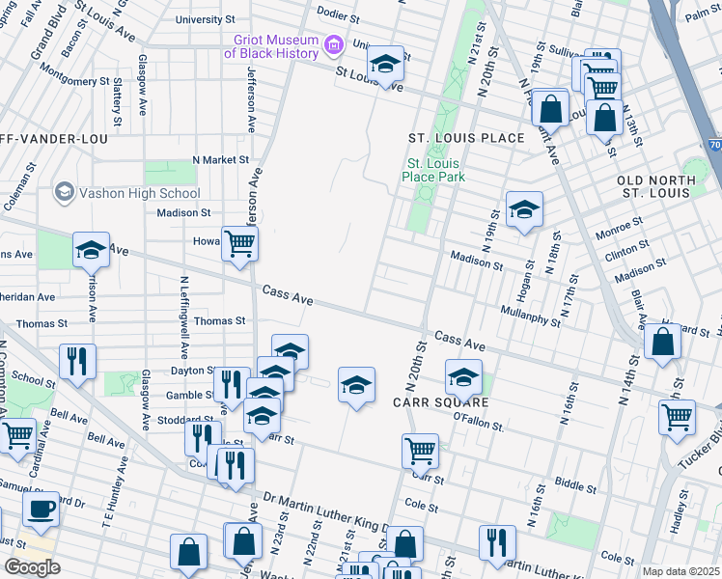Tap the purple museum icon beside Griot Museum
[x=334, y=44]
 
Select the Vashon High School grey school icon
[x=65, y=191]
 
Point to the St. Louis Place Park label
[x=435, y=170]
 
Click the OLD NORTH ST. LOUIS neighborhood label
[x=656, y=187]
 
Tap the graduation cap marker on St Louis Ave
[x=386, y=64]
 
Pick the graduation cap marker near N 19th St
[x=524, y=208]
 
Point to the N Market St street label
[x=220, y=159]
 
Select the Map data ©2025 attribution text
[x=680, y=571]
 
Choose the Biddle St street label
[x=576, y=482]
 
